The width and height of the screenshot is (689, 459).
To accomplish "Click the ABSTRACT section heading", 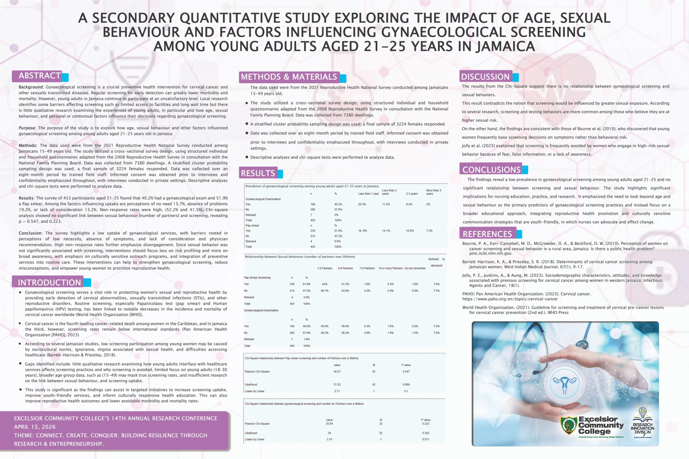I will pyautogui.click(x=40, y=76).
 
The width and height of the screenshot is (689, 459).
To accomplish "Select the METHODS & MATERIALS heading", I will pyautogui.click(x=289, y=77).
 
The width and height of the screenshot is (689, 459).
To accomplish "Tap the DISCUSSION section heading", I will pyautogui.click(x=486, y=77).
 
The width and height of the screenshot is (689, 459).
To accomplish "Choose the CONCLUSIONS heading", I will pyautogui.click(x=491, y=169).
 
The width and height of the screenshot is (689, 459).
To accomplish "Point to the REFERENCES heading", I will pyautogui.click(x=487, y=234).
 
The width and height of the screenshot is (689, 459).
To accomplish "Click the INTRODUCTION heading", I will pyautogui.click(x=49, y=283).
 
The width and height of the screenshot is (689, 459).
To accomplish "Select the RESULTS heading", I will pyautogui.click(x=258, y=173).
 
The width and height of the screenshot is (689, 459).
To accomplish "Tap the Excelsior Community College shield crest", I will pyautogui.click(x=569, y=425).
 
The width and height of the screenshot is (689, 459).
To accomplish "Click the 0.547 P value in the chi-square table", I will pyautogui.click(x=406, y=371).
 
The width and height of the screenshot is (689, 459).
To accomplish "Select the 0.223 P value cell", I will pyautogui.click(x=426, y=424).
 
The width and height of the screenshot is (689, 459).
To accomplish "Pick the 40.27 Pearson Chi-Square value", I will pyautogui.click(x=337, y=371).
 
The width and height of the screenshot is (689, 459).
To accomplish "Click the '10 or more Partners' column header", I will pyautogui.click(x=390, y=268).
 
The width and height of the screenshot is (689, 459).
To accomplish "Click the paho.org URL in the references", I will pyautogui.click(x=510, y=299).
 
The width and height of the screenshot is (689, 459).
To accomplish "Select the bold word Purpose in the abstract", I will pyautogui.click(x=27, y=128).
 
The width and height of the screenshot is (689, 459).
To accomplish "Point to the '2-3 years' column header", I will pyautogui.click(x=412, y=194).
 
